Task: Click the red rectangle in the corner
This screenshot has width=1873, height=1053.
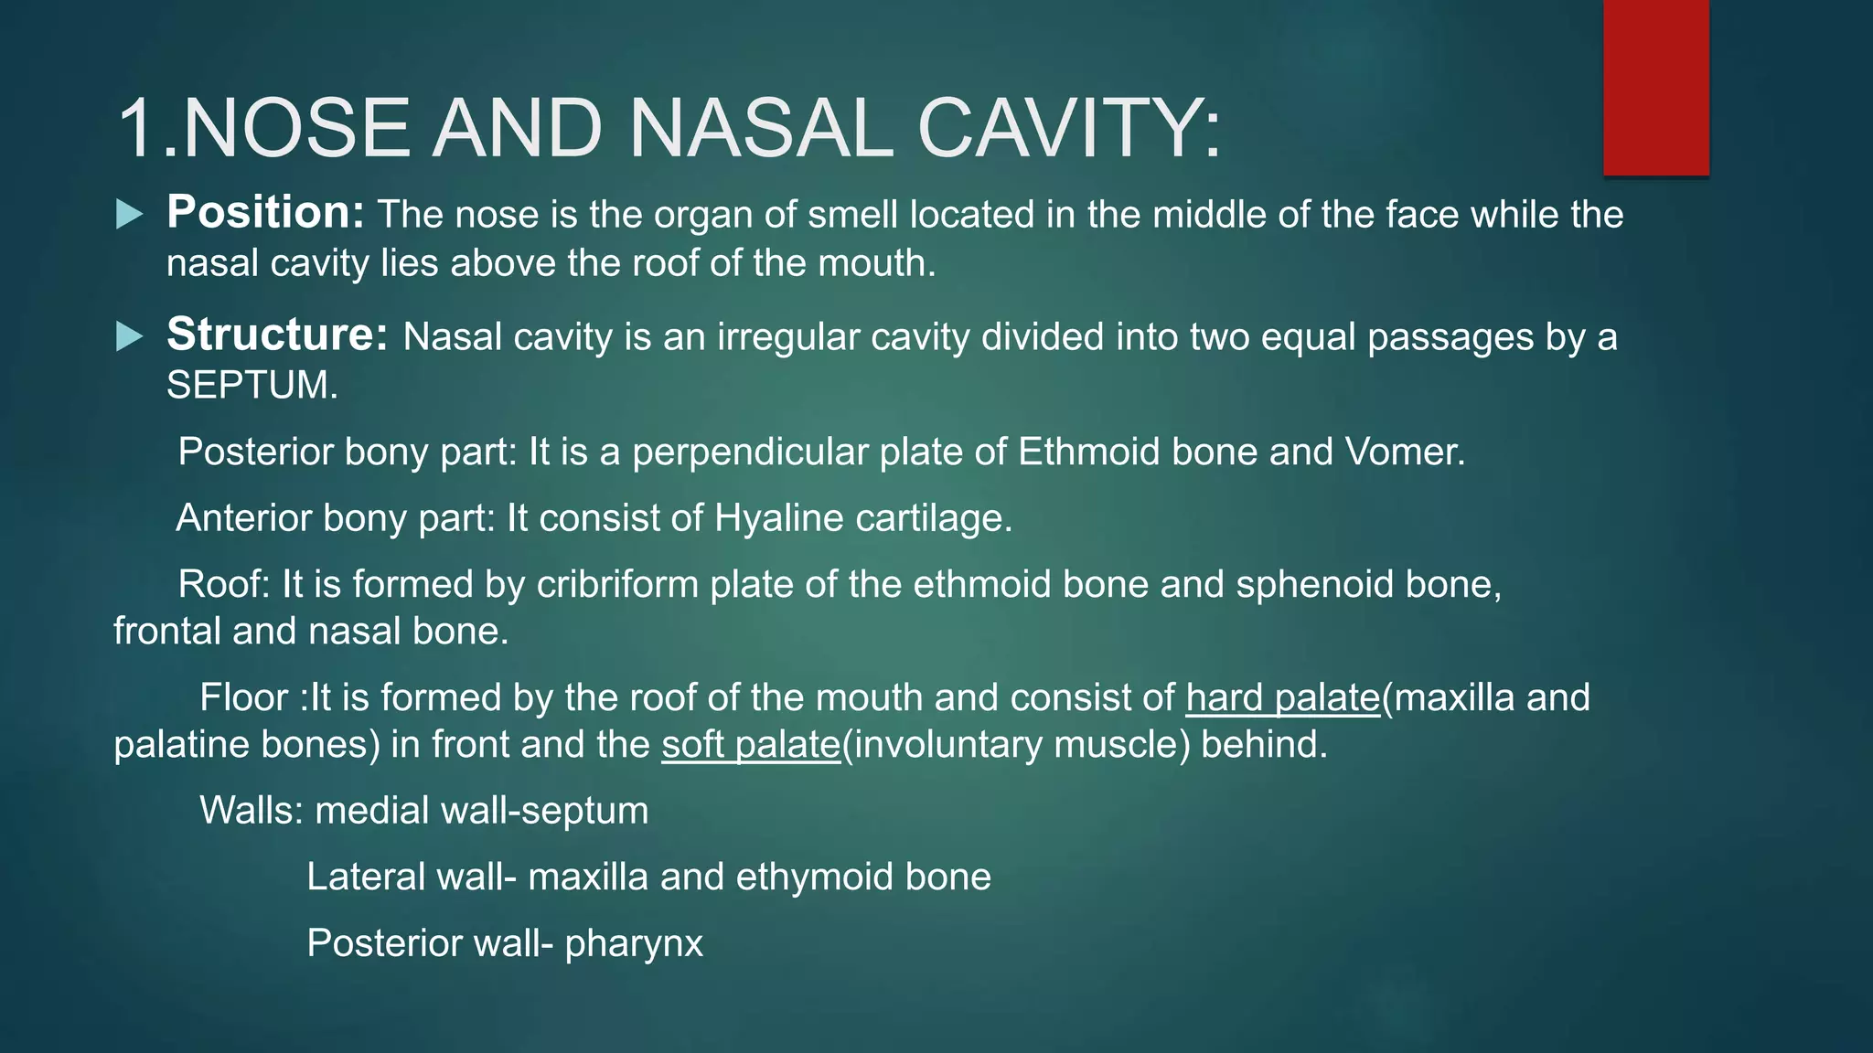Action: (x=1655, y=87)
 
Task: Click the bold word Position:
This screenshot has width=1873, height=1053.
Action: (x=265, y=213)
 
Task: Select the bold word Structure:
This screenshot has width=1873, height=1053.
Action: (x=277, y=335)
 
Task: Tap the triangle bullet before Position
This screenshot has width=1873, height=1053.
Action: (x=130, y=215)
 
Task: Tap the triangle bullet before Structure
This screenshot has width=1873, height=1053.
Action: (x=130, y=336)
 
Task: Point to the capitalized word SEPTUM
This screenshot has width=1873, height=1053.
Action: (x=247, y=386)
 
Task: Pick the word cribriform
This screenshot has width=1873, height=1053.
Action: (x=617, y=584)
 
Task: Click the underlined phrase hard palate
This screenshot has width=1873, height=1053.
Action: (x=1282, y=697)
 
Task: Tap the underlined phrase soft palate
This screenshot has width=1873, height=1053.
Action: (x=750, y=744)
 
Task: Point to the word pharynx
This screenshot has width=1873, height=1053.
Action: (x=634, y=943)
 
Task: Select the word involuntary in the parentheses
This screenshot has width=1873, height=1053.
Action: (x=947, y=745)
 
